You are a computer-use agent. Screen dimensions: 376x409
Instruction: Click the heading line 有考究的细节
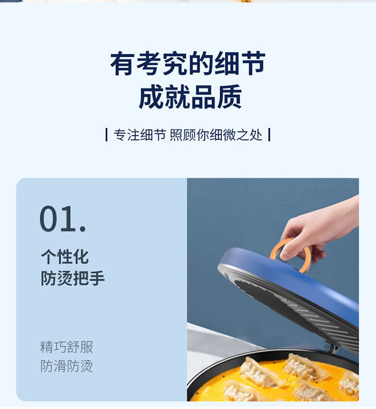click(188, 63)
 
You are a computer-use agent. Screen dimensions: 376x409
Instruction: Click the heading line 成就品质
click(190, 97)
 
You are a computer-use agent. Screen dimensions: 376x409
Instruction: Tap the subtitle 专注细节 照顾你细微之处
click(188, 135)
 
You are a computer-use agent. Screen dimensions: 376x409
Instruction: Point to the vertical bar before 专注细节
click(106, 135)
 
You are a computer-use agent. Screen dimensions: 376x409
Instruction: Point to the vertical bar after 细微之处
click(269, 135)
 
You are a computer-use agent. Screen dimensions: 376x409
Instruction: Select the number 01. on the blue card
click(63, 219)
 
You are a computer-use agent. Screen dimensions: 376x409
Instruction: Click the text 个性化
click(65, 256)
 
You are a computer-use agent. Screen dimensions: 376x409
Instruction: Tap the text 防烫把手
click(73, 278)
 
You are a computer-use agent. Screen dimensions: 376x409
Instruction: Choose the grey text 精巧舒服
click(67, 347)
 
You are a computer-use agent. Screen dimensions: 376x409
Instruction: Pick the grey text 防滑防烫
click(67, 366)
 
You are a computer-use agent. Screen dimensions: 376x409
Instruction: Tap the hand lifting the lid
click(320, 232)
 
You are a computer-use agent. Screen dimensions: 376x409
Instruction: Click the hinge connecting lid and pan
click(335, 347)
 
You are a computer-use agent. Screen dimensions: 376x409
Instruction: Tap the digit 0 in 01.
click(51, 219)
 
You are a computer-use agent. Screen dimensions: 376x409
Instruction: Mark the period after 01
click(83, 229)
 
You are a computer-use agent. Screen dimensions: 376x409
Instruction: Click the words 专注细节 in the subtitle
click(140, 135)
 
